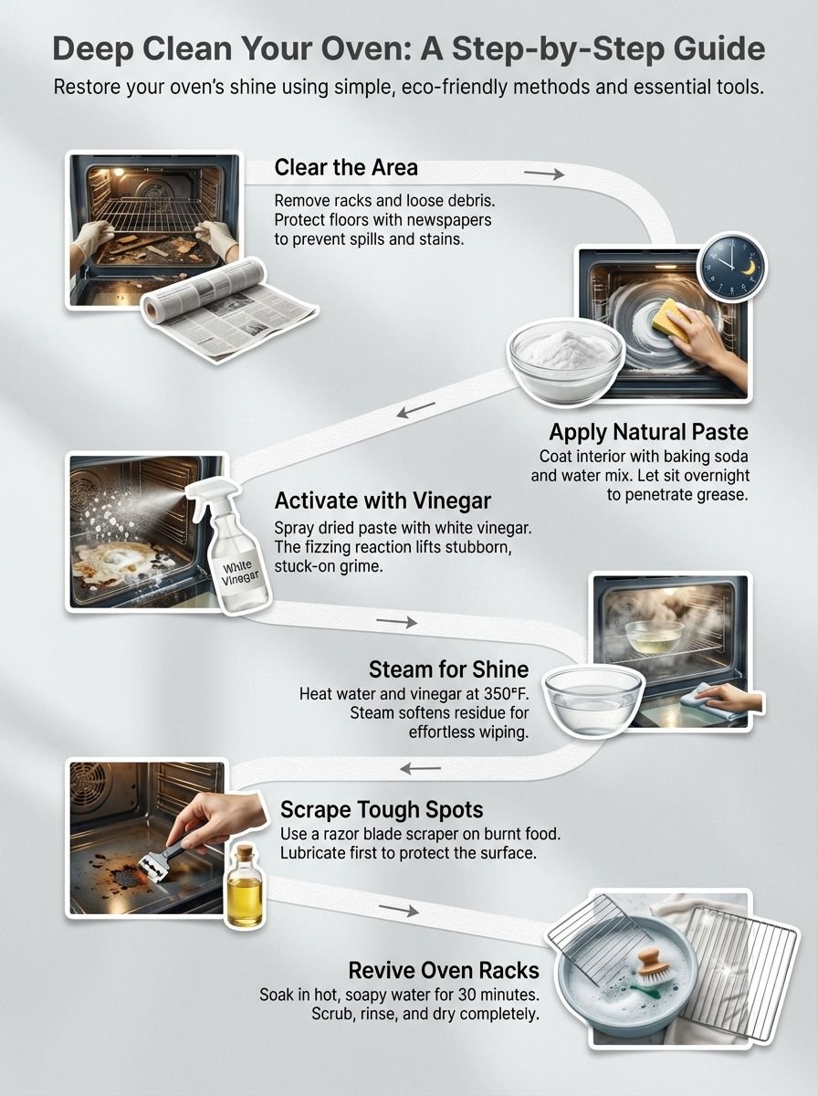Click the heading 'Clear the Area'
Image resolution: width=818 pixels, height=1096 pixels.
(346, 168)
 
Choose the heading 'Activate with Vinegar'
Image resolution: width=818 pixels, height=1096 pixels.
(383, 501)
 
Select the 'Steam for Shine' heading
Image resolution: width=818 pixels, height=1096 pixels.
(448, 669)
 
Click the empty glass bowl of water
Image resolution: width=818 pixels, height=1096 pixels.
(593, 701)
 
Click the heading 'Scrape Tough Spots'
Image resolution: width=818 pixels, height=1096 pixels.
(382, 809)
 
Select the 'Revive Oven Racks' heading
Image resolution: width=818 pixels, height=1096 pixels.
(443, 969)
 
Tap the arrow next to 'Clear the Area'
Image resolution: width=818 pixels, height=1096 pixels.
(544, 172)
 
